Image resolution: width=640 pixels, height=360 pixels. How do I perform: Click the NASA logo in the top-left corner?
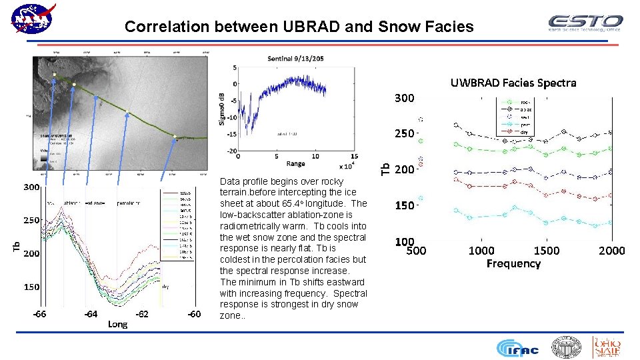[x=33, y=19]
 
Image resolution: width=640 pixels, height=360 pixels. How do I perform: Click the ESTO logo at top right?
[x=585, y=23]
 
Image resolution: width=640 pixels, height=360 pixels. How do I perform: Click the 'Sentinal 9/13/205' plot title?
[x=295, y=59]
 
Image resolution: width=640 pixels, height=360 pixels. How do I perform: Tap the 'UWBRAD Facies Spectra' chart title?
[x=513, y=83]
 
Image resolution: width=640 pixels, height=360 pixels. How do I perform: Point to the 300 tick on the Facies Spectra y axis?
[x=404, y=98]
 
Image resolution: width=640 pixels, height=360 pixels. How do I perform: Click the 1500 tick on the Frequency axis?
[x=547, y=251]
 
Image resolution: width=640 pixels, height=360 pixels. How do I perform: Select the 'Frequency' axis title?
[x=513, y=264]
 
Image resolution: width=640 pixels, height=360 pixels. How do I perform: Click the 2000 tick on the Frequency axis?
[x=611, y=251]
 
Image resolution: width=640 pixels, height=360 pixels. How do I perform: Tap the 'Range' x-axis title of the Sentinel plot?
[x=295, y=164]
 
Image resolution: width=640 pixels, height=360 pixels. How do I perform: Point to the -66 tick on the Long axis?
[x=40, y=313]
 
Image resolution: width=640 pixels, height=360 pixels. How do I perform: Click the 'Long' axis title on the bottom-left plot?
[x=117, y=324]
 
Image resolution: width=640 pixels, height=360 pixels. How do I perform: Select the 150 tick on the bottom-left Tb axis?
[x=32, y=287]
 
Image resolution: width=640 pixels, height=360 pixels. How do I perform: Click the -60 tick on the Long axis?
[x=193, y=313]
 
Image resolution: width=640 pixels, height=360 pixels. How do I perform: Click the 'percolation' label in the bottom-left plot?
[x=129, y=202]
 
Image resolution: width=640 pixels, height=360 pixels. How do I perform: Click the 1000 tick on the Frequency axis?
[x=481, y=251]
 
